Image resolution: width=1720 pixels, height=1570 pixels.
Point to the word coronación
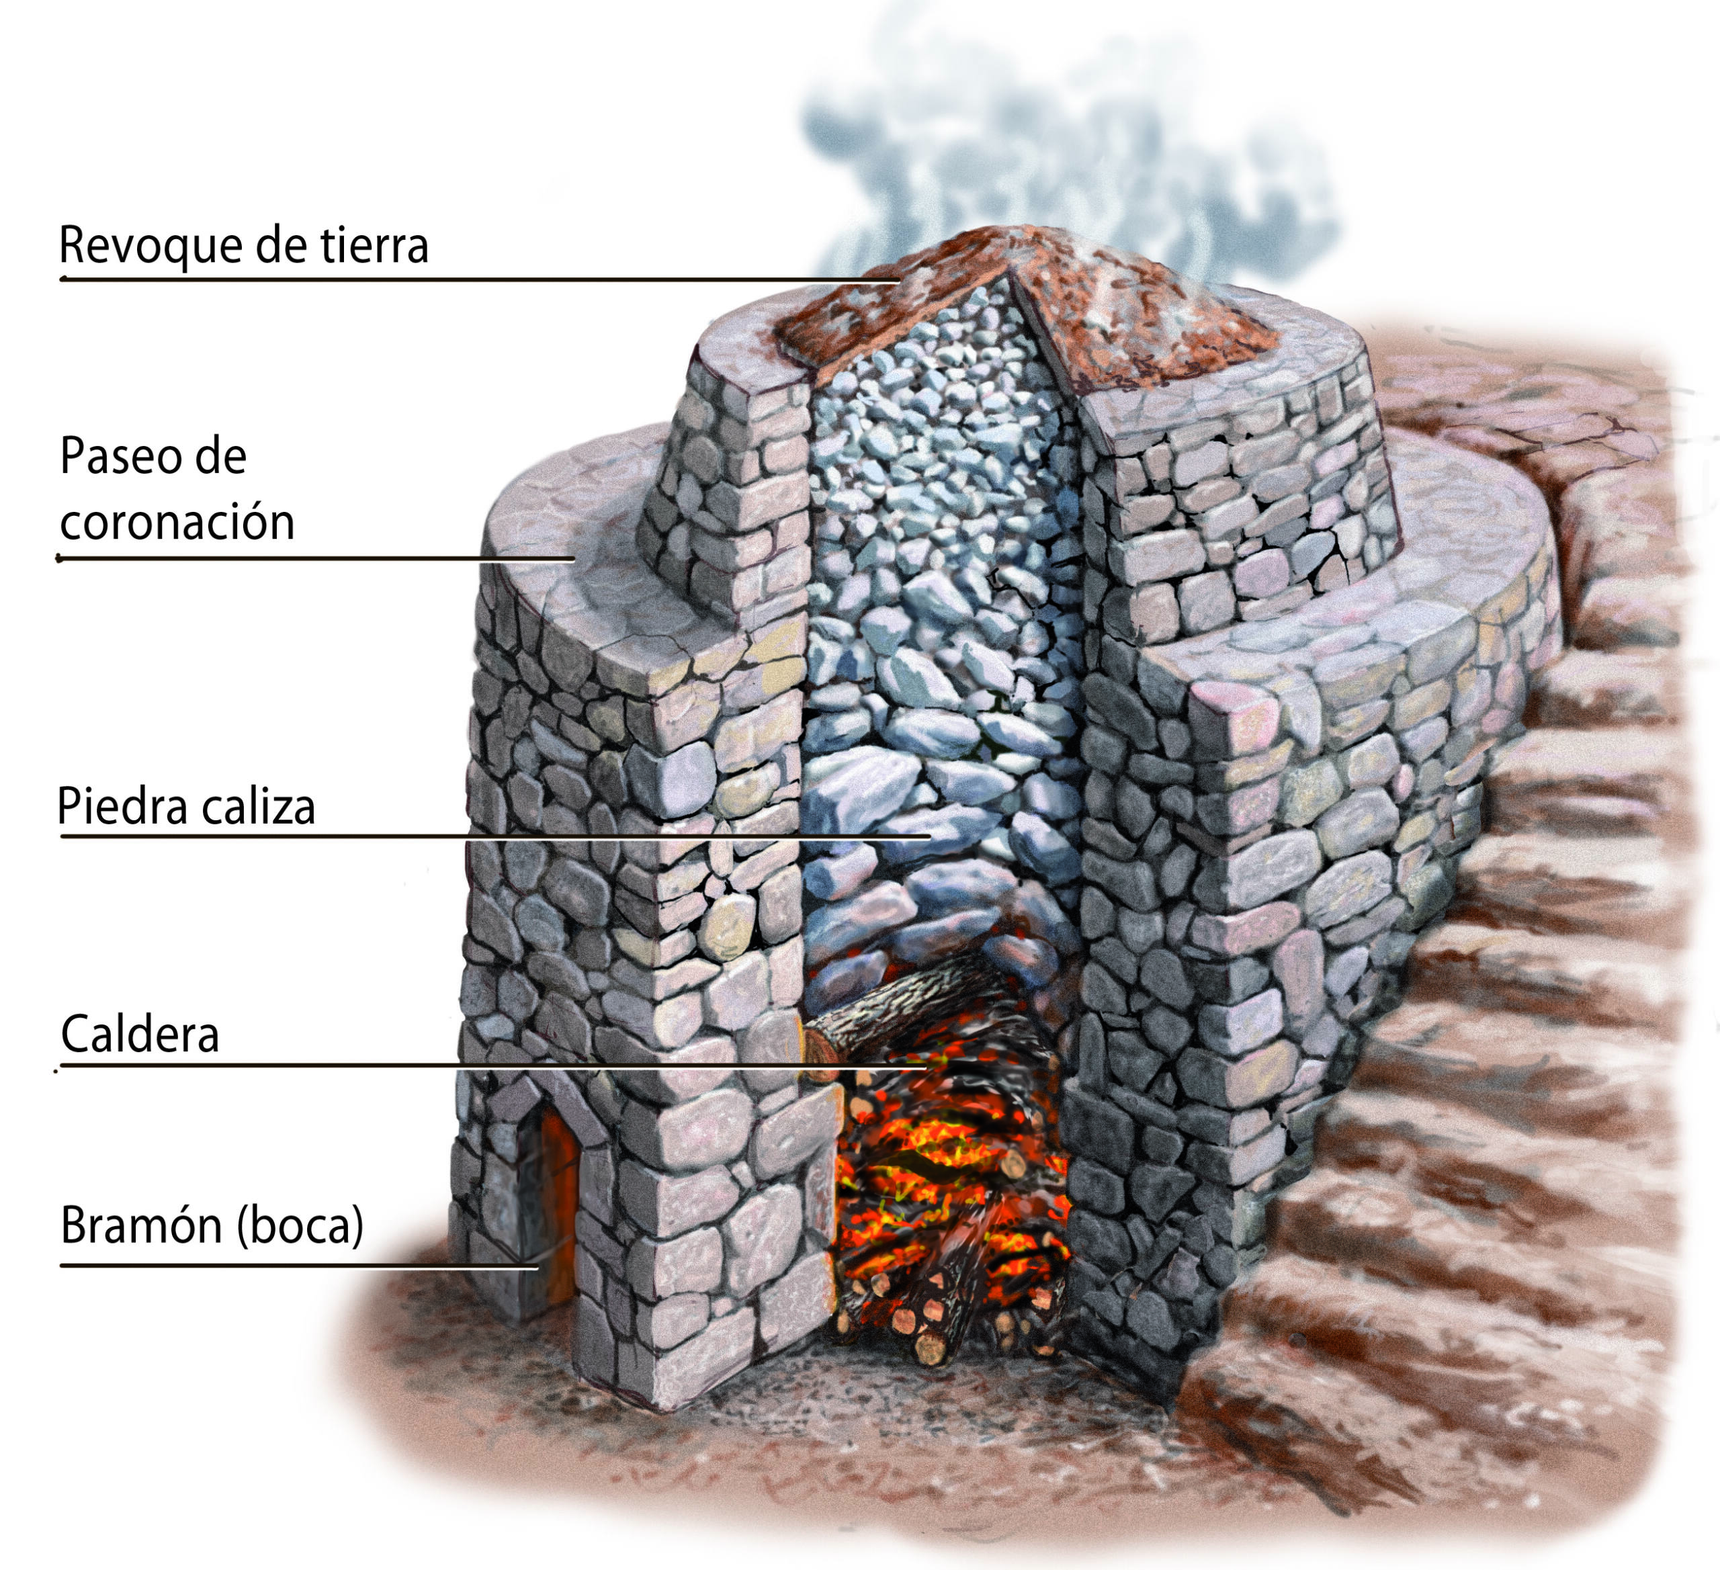coord(177,521)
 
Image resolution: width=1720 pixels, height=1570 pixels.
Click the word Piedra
coord(126,806)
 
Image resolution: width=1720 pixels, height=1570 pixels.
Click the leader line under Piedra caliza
coord(495,836)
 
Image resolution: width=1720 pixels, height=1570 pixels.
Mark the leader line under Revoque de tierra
coord(480,279)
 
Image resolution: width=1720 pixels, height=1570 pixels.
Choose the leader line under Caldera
coord(493,1065)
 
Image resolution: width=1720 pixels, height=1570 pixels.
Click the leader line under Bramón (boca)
coord(298,1266)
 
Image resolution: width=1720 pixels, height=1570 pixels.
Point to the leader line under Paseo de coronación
coord(315,559)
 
